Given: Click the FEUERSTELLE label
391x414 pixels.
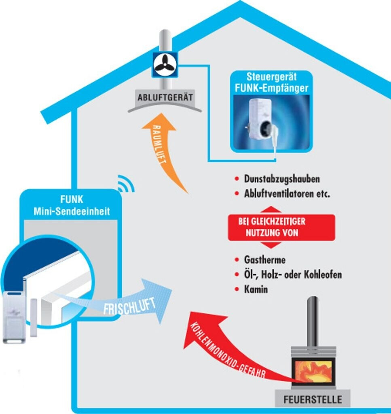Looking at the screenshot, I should coord(313,400).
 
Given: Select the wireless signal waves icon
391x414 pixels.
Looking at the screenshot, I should coord(125,184).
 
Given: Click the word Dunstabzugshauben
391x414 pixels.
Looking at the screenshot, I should coord(282,178).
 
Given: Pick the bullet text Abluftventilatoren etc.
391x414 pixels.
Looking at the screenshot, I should coord(287,194).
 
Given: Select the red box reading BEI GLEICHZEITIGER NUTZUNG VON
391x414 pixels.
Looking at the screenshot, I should coord(281,227).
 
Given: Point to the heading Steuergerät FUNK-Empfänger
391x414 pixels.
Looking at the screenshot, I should coord(271,82).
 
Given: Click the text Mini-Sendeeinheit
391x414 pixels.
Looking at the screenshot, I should coord(72,211).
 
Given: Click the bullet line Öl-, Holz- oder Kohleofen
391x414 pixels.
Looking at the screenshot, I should coord(293,275).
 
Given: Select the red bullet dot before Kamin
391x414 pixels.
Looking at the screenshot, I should coord(237,289).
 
